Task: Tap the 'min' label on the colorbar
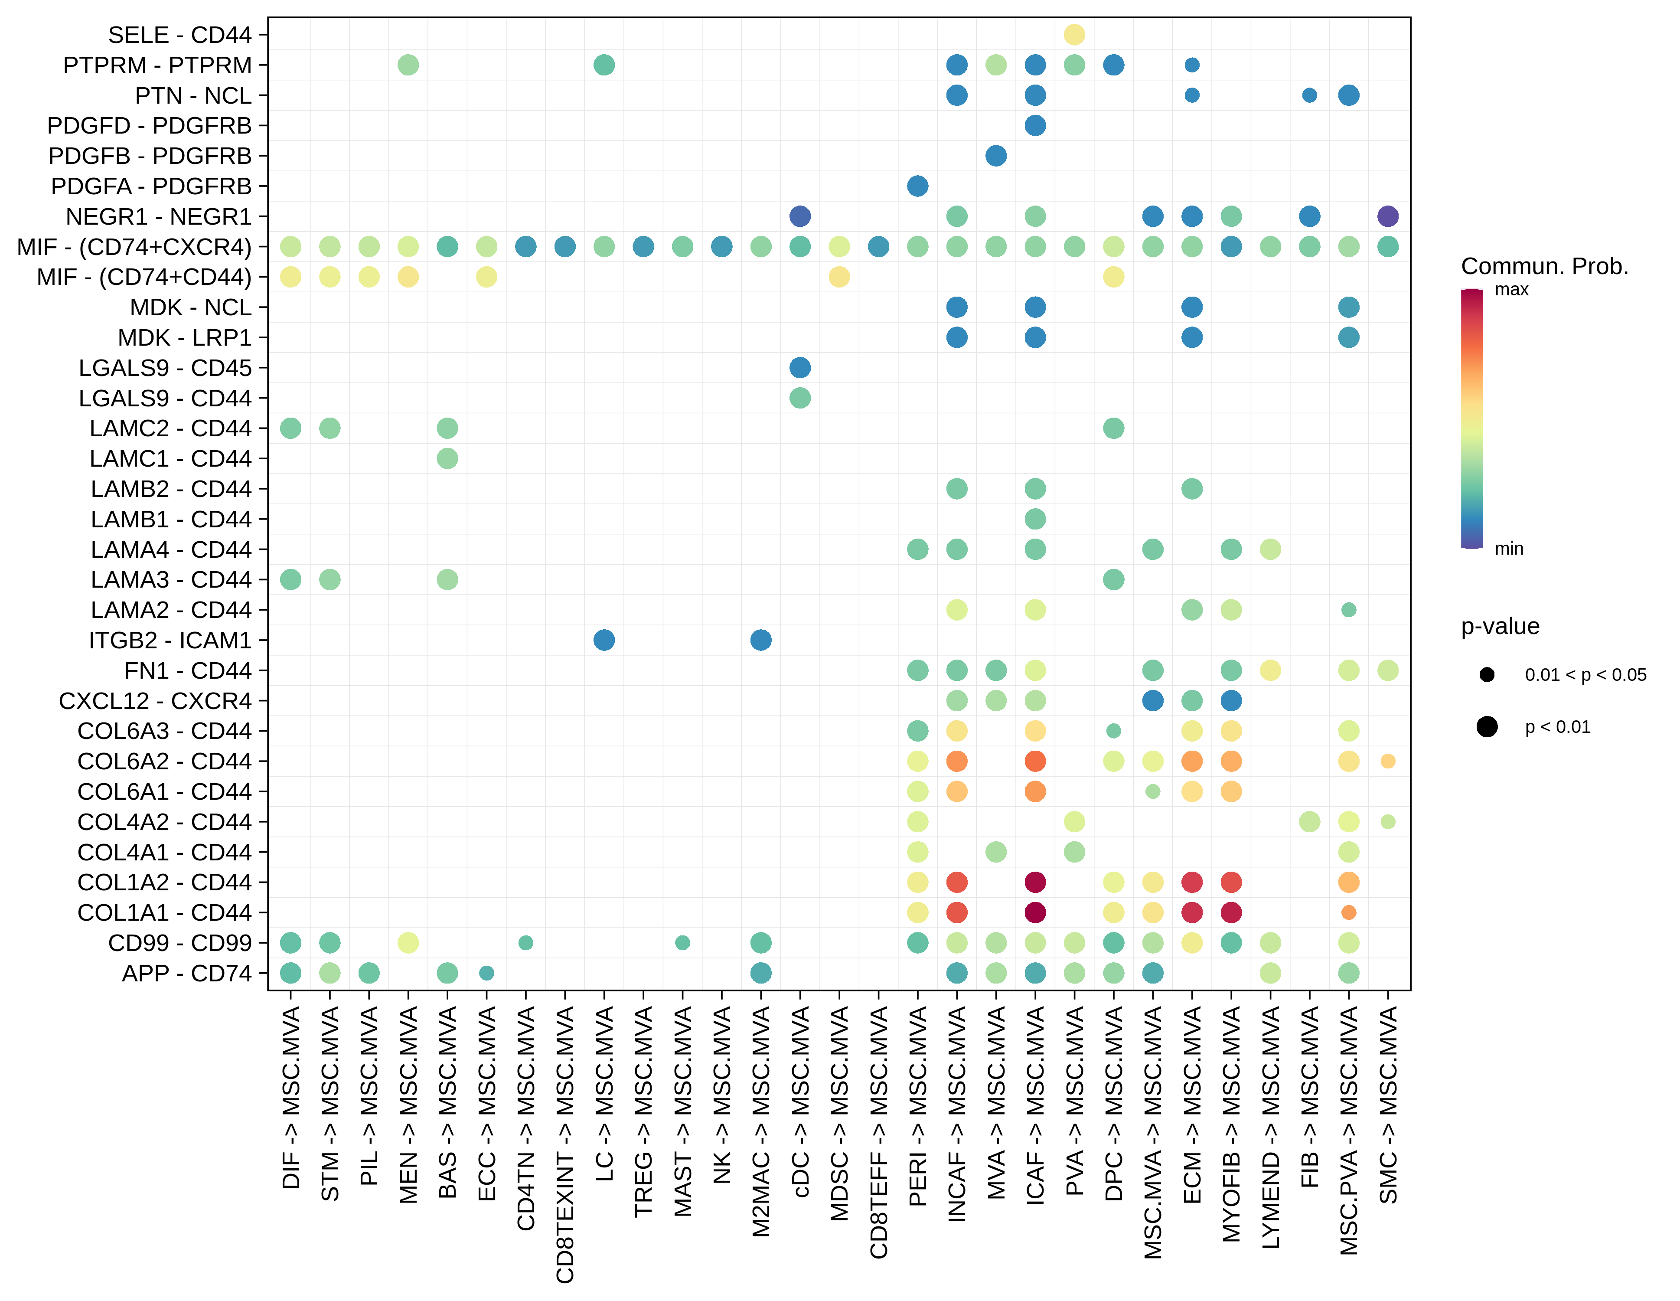tap(1508, 549)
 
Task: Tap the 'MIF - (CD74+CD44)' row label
tap(144, 277)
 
